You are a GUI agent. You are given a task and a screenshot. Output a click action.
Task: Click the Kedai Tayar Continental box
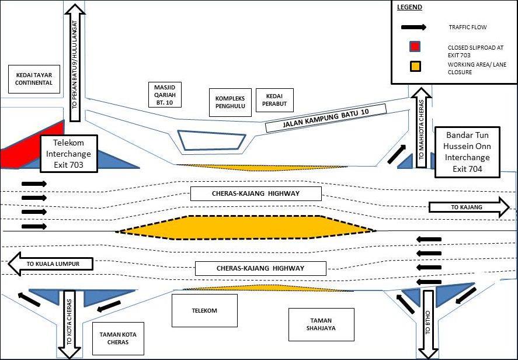click(x=34, y=79)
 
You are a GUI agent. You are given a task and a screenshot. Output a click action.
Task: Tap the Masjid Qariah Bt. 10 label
click(x=165, y=95)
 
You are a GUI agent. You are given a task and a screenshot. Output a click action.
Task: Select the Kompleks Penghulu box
click(x=230, y=102)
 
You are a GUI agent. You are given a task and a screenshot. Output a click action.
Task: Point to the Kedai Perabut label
click(x=274, y=100)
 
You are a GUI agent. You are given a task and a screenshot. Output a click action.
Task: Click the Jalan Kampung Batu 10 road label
click(x=326, y=118)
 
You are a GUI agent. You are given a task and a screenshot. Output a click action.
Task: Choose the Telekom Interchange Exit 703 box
click(x=69, y=154)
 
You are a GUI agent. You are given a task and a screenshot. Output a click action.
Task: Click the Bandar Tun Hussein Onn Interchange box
click(x=467, y=152)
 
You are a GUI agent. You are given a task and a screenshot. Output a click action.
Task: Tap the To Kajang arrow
click(x=469, y=207)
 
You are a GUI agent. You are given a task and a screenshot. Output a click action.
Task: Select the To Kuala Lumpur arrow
click(x=50, y=264)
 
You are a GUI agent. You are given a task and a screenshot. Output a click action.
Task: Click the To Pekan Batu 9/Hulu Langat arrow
click(x=75, y=63)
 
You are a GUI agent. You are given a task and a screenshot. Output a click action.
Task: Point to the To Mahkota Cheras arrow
click(x=421, y=127)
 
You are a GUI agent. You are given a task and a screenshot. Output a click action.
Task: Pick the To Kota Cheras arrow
click(x=69, y=324)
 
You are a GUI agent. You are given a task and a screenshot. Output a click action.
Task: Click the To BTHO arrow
click(x=428, y=324)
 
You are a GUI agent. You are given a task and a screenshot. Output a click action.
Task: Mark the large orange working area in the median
click(x=246, y=227)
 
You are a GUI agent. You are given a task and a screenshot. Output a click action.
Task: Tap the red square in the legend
click(x=415, y=47)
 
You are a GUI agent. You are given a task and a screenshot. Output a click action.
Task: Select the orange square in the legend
click(x=415, y=67)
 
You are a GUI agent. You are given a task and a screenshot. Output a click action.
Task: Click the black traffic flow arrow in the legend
click(x=413, y=27)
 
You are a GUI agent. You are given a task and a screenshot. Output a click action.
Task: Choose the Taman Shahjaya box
click(x=321, y=324)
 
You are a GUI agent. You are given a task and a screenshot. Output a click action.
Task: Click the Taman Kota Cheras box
click(x=118, y=338)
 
